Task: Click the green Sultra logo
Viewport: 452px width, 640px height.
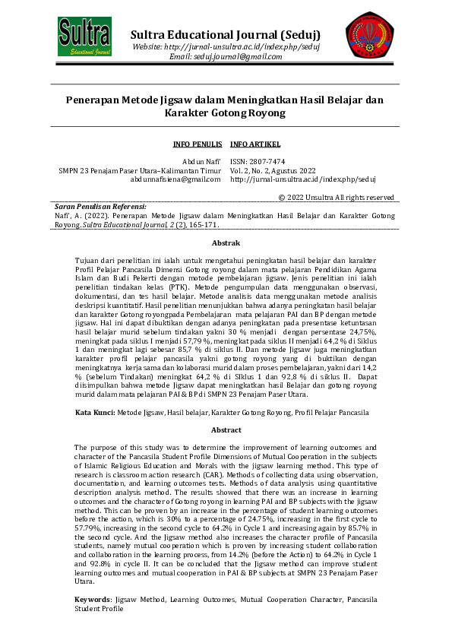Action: (85, 36)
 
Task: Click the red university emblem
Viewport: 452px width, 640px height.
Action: (369, 36)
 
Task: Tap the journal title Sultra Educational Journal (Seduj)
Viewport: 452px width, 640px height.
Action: (225, 35)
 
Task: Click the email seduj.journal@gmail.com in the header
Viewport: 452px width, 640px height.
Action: (226, 57)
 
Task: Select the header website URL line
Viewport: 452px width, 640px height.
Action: (226, 47)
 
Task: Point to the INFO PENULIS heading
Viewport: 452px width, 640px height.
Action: (197, 144)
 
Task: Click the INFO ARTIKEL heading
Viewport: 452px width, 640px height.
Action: (254, 144)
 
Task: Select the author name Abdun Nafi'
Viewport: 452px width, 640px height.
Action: (201, 162)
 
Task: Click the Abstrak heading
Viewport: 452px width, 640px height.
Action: (226, 243)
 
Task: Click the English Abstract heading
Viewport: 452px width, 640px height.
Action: (226, 430)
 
